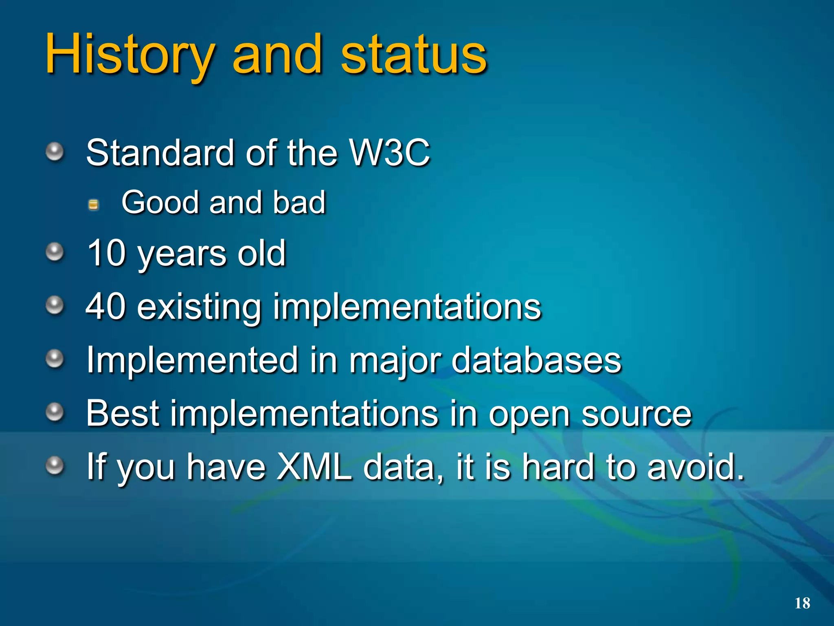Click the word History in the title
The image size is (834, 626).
(x=129, y=55)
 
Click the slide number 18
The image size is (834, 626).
(x=802, y=603)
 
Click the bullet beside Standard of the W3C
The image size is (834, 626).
(x=55, y=152)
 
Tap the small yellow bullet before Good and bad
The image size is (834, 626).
(x=93, y=204)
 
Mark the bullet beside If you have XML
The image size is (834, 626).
(x=55, y=465)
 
